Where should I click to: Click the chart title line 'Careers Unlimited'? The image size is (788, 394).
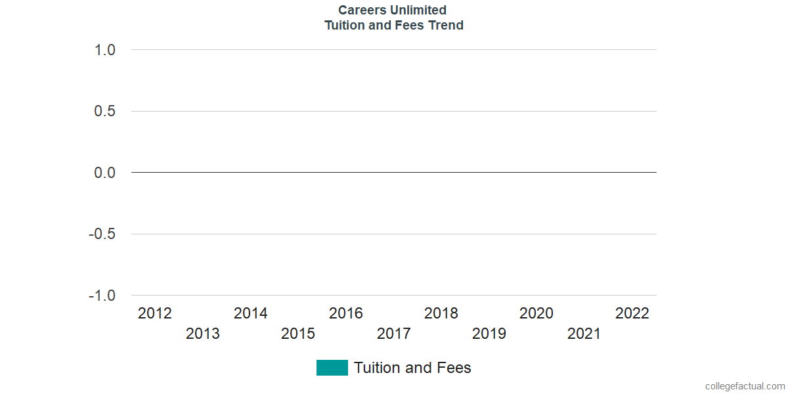click(x=393, y=10)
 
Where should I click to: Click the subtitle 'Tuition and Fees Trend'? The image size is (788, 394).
click(x=394, y=26)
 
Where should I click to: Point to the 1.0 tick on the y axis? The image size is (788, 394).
click(x=105, y=51)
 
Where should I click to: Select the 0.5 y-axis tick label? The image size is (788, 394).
click(x=105, y=112)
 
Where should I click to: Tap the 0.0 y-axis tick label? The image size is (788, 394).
click(x=105, y=173)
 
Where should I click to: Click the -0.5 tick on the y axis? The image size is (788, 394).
click(x=102, y=234)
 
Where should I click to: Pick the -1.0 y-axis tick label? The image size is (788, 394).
click(x=102, y=296)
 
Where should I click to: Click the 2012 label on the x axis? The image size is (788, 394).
click(x=155, y=314)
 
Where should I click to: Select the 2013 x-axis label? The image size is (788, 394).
click(x=203, y=334)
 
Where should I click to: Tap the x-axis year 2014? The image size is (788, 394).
click(x=251, y=314)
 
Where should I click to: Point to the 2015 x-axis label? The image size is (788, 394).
click(x=298, y=334)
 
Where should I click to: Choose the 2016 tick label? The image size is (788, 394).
click(x=346, y=314)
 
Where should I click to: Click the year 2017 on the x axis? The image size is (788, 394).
click(x=394, y=334)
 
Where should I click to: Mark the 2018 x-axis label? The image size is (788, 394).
click(x=441, y=314)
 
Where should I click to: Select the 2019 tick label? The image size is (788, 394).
click(x=489, y=334)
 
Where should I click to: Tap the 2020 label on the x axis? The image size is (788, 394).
click(x=536, y=314)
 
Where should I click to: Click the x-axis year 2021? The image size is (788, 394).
click(x=584, y=334)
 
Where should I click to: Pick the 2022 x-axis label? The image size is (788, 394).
click(x=632, y=314)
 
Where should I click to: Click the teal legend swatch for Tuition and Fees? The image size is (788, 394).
click(x=332, y=368)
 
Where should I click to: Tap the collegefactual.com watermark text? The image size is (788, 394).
click(x=745, y=386)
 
